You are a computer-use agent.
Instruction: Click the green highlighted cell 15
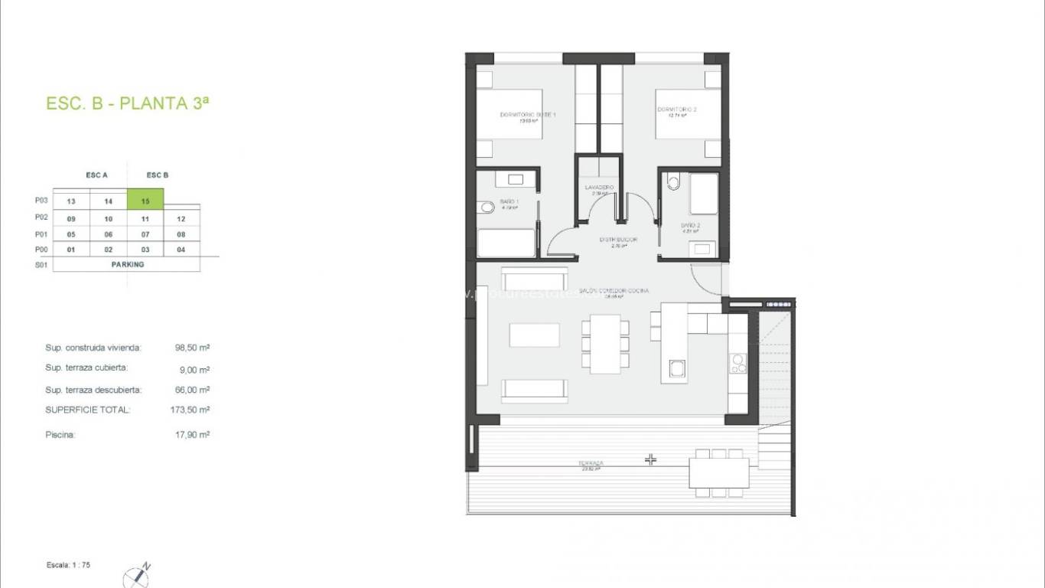pyautogui.click(x=145, y=201)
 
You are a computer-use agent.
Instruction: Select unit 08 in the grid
pyautogui.click(x=181, y=234)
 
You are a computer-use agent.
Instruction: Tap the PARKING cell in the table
pyautogui.click(x=126, y=264)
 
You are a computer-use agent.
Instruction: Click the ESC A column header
pyautogui.click(x=96, y=175)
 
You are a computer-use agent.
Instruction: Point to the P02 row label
pyautogui.click(x=41, y=217)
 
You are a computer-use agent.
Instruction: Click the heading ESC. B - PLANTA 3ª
pyautogui.click(x=127, y=104)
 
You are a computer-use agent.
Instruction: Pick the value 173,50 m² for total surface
pyautogui.click(x=190, y=410)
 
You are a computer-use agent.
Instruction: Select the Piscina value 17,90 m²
pyautogui.click(x=192, y=434)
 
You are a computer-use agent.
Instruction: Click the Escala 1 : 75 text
pyautogui.click(x=69, y=565)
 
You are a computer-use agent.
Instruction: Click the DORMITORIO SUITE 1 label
pyautogui.click(x=527, y=115)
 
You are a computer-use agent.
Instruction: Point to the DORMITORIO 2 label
pyautogui.click(x=677, y=109)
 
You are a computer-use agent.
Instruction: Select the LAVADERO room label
pyautogui.click(x=599, y=187)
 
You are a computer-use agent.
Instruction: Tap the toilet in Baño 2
pyautogui.click(x=673, y=182)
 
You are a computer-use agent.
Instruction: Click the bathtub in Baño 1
pyautogui.click(x=506, y=243)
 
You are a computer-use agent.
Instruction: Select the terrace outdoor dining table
pyautogui.click(x=718, y=472)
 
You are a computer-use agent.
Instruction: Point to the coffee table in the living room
pyautogui.click(x=534, y=335)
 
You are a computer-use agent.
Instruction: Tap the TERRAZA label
pyautogui.click(x=591, y=463)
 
